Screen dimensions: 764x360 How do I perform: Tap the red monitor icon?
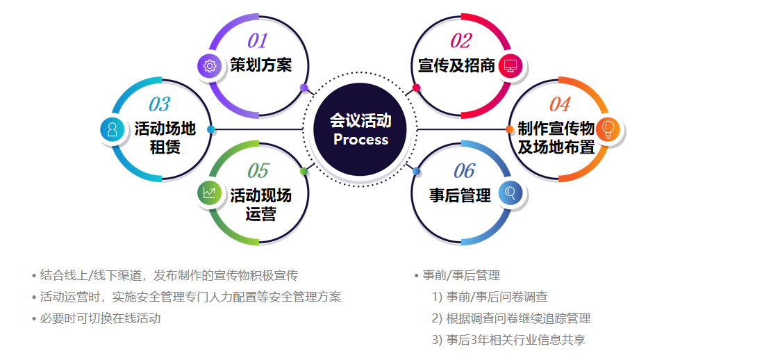(x=510, y=65)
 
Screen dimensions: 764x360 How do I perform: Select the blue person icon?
(x=113, y=129)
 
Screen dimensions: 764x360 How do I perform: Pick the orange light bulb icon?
(x=608, y=129)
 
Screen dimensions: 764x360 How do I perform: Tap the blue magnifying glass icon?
(x=510, y=193)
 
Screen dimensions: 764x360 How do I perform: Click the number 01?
(x=257, y=41)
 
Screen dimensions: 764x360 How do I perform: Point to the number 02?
(x=460, y=41)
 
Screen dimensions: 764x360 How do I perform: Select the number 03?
(x=159, y=104)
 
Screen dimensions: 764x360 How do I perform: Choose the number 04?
(x=559, y=104)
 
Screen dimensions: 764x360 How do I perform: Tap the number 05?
(x=258, y=171)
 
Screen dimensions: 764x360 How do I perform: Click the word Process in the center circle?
(x=360, y=140)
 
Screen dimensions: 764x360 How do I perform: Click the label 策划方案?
(x=261, y=65)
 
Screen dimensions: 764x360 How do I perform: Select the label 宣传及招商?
(x=456, y=65)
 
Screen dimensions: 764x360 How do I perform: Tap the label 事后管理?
(x=460, y=195)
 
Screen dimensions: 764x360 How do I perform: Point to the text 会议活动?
(x=360, y=120)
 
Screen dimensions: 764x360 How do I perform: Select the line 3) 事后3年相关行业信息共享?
(x=508, y=340)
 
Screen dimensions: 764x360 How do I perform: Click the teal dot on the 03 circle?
(x=211, y=129)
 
